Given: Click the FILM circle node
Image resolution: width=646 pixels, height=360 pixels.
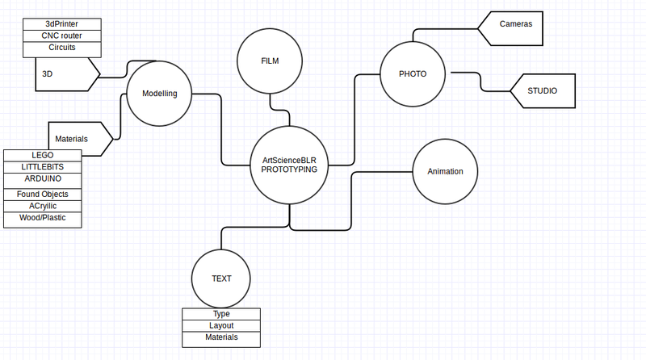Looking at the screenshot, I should pos(270,61).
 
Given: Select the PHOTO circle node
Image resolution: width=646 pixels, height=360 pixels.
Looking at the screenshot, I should pos(412,74).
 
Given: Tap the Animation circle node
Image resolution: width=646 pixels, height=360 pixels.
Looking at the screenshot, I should pos(445,172).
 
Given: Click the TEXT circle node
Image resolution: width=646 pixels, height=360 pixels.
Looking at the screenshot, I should pos(221,278).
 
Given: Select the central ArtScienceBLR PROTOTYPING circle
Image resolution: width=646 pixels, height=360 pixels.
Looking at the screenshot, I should pos(288,165).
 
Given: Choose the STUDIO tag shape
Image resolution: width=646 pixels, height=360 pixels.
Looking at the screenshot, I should pos(543,91).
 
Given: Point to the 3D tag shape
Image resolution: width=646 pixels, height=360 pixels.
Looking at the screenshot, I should pos(65,74).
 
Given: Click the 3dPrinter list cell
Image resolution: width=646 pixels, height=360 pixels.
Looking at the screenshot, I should pos(62,24).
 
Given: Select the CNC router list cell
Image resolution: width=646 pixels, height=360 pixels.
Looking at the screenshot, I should pos(62,36).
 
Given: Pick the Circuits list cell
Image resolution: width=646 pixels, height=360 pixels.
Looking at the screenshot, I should pos(62,48).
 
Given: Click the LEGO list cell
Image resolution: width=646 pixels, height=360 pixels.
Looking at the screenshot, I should pos(43,155).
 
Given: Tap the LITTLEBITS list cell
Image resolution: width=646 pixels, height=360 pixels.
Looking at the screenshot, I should pos(43,166).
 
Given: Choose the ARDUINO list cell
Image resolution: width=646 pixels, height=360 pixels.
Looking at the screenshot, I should pos(43,178).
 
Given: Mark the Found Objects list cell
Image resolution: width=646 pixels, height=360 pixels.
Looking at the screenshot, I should pos(43,195).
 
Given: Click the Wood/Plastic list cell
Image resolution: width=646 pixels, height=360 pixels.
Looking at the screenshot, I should pos(43,218).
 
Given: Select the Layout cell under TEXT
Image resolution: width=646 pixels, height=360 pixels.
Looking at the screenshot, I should pos(221,325).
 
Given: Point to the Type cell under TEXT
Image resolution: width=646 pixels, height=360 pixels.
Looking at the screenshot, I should pos(221,314).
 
